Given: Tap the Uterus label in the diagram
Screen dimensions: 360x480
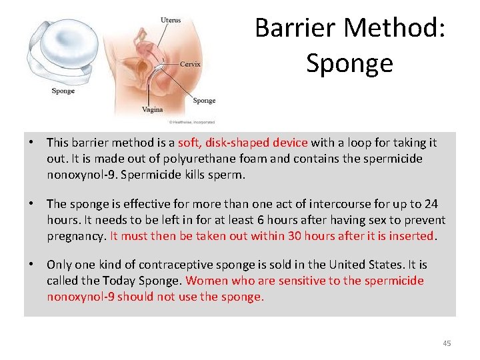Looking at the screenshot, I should coord(171,21).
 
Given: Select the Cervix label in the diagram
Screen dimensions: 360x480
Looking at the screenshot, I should coord(190,65).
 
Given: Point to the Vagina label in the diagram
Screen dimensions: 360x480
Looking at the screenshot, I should coord(152,109).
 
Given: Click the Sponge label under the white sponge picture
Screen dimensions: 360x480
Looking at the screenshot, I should coord(63,91).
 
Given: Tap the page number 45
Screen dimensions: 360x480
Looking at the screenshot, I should coord(447,343).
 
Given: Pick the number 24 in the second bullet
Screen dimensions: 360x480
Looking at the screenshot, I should coord(431,203).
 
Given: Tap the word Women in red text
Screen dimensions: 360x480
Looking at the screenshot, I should coord(206,280).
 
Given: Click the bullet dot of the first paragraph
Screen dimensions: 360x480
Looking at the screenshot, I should coord(31,143).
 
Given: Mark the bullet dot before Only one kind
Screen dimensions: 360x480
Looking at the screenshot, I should coord(31,264).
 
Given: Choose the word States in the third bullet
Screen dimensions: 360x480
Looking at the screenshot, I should coord(380,264).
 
